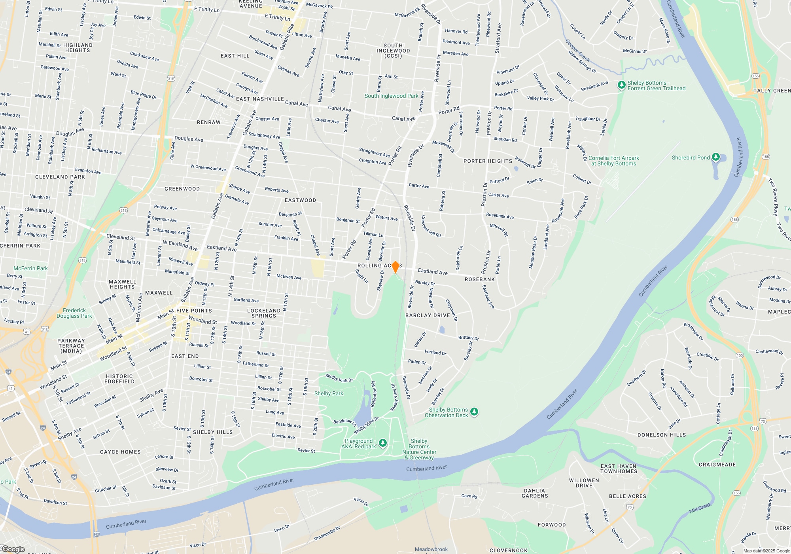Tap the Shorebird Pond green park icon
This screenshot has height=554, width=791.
click(x=715, y=157)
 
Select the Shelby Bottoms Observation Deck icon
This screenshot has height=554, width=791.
click(x=474, y=412)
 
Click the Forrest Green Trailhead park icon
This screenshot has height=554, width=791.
click(x=621, y=85)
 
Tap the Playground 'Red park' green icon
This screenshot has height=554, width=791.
click(x=382, y=443)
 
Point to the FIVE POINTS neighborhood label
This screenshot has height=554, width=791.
click(x=194, y=311)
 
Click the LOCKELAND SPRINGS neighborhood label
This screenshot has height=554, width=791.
click(x=264, y=313)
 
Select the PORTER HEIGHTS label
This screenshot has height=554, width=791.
click(x=488, y=161)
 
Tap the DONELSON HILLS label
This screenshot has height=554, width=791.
click(x=662, y=435)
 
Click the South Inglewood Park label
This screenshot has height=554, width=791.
click(x=391, y=96)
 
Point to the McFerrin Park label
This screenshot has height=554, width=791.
click(x=30, y=268)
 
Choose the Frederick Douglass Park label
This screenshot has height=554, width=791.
click(x=74, y=313)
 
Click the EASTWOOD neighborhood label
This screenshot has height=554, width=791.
click(x=300, y=200)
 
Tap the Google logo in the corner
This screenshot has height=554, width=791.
click(x=13, y=549)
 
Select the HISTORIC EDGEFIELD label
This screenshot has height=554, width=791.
click(x=119, y=379)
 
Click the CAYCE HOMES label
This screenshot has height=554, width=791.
click(x=120, y=452)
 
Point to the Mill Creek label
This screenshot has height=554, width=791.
click(x=700, y=508)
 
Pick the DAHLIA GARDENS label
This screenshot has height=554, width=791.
click(x=535, y=493)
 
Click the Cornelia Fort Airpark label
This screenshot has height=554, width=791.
click(x=613, y=161)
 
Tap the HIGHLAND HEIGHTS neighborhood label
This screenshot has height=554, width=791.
click(x=78, y=47)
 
